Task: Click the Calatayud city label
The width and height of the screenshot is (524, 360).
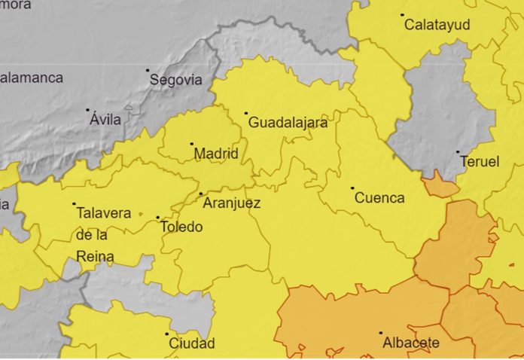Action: (x=437, y=25)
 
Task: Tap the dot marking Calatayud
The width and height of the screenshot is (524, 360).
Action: (x=402, y=14)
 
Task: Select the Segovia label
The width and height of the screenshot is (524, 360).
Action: (x=175, y=80)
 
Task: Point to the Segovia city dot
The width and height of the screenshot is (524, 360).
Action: (x=148, y=70)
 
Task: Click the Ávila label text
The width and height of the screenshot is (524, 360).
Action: (x=105, y=120)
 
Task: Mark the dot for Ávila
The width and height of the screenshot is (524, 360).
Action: (x=87, y=110)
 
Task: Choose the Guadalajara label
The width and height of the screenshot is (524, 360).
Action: (x=288, y=123)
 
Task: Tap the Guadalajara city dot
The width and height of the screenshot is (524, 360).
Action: (x=246, y=114)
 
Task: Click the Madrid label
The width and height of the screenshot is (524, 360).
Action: (x=216, y=154)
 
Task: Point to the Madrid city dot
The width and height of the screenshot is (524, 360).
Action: (x=191, y=144)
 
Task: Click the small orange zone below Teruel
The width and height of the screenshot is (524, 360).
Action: (x=440, y=185)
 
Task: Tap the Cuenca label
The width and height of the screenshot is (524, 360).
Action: (x=379, y=198)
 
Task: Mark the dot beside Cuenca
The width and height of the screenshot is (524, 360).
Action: (x=352, y=188)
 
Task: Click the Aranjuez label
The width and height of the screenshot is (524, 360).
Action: (x=231, y=203)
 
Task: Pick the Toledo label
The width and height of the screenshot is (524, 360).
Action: (x=181, y=227)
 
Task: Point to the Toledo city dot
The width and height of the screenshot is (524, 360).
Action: (x=158, y=218)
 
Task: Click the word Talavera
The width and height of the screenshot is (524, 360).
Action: (x=104, y=213)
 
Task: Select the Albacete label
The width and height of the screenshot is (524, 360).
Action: (x=411, y=343)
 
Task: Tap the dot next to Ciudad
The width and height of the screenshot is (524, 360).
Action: (x=167, y=334)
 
